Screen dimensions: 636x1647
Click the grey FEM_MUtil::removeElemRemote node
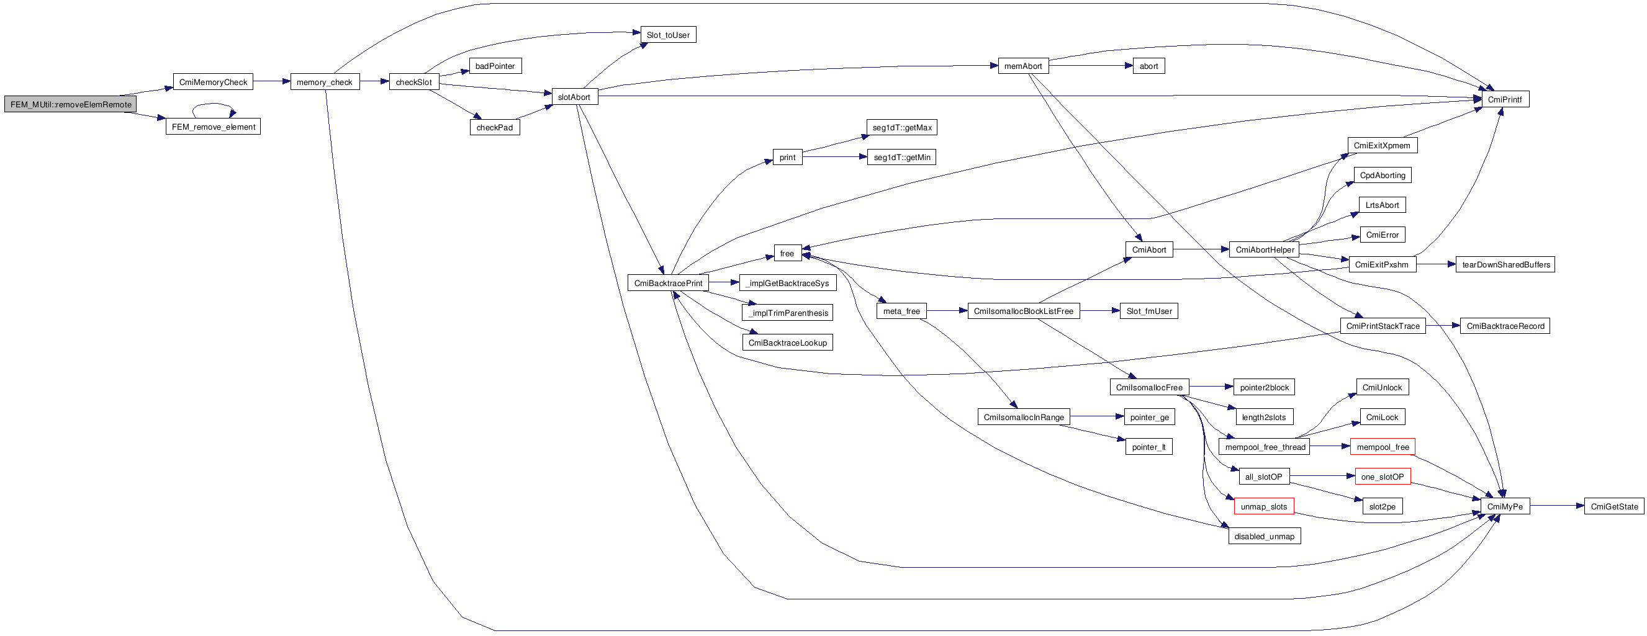point(70,104)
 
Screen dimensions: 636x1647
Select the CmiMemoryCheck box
point(213,82)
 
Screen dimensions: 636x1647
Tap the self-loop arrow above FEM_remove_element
point(214,104)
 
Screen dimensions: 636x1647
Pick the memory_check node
point(325,82)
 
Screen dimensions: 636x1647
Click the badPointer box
point(495,66)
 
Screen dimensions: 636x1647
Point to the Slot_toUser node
point(668,35)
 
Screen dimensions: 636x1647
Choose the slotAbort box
point(574,97)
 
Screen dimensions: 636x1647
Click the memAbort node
point(1023,66)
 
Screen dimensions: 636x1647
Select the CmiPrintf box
point(1505,99)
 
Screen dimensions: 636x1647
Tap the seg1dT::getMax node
point(901,127)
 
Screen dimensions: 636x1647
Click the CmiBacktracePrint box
point(668,283)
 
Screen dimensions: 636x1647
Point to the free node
point(787,254)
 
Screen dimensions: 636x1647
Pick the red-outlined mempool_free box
point(1383,447)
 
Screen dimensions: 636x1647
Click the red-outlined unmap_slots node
point(1264,506)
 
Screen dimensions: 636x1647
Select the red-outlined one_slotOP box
point(1383,477)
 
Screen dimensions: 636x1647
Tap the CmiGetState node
point(1613,506)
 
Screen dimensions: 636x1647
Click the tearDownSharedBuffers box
point(1505,264)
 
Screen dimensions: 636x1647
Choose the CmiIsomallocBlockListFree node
point(1023,311)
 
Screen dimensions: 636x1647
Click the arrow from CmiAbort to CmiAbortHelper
point(1201,250)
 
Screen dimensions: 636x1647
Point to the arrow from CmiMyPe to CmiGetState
point(1557,506)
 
